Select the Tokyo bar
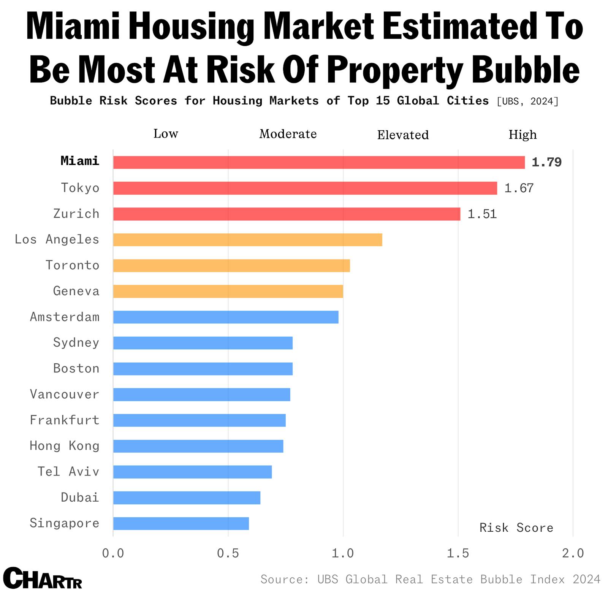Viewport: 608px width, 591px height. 305,188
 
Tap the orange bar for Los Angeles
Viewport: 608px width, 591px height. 247,240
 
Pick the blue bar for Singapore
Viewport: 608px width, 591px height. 181,523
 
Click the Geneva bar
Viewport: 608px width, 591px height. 228,291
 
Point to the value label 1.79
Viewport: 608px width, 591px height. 546,162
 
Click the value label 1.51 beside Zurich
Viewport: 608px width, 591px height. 482,214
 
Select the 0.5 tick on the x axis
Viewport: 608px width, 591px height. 228,553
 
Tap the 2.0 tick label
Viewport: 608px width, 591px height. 573,553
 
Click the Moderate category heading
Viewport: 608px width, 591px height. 288,134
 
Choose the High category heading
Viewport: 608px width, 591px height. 522,135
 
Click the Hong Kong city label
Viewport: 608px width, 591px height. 65,445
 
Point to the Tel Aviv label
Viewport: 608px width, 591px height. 68,471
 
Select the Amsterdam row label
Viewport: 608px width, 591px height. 65,317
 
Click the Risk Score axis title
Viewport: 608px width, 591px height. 516,528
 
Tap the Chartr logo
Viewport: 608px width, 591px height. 42,578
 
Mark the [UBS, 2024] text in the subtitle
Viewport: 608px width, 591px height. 527,101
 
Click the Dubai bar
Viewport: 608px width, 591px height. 187,498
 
